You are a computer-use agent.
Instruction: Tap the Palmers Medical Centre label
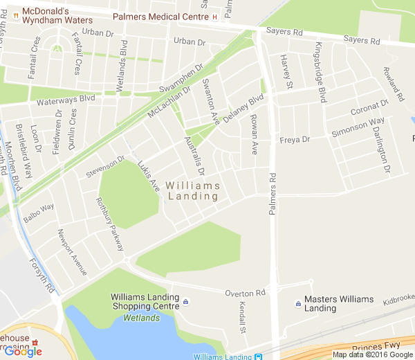(x=160, y=16)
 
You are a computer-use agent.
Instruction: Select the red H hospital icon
(x=215, y=16)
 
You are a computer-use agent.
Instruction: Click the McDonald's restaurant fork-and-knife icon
(x=15, y=12)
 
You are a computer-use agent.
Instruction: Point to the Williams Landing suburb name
(x=193, y=191)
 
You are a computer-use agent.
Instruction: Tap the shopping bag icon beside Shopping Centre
(x=186, y=303)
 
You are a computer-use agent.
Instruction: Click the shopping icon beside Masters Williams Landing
(x=297, y=303)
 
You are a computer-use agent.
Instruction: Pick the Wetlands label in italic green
(x=141, y=318)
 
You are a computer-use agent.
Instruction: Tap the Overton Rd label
(x=245, y=294)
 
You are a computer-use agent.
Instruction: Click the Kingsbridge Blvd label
(x=320, y=72)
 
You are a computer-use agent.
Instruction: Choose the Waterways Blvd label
(x=66, y=100)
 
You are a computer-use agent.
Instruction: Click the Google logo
(x=23, y=351)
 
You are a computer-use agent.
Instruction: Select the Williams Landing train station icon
(x=258, y=357)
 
